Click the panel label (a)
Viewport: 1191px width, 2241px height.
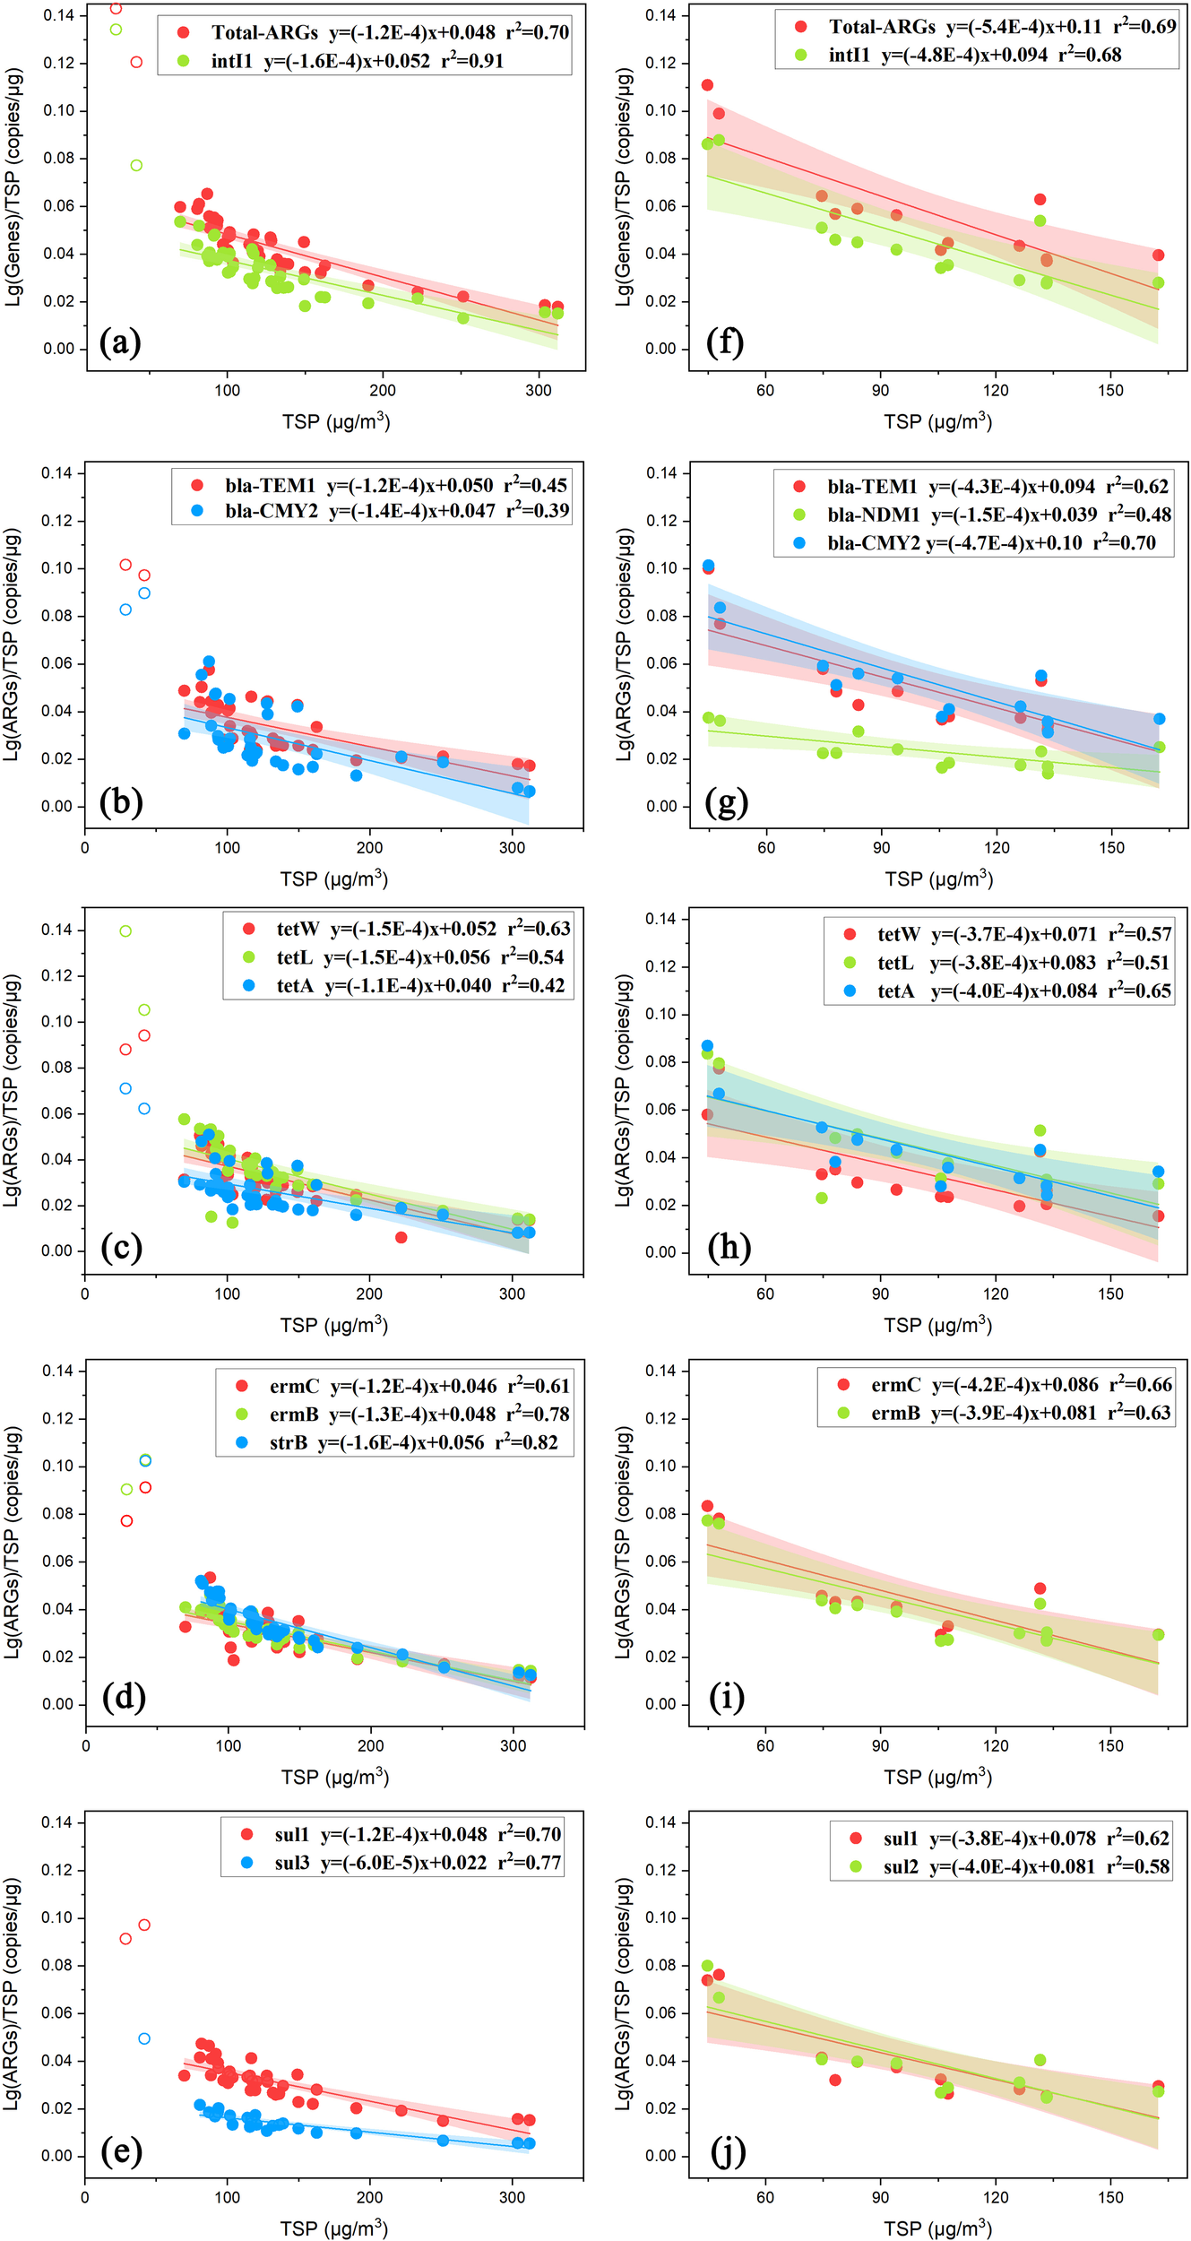pyautogui.click(x=120, y=342)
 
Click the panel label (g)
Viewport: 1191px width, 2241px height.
pyautogui.click(x=726, y=802)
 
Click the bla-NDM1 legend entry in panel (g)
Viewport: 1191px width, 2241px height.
pyautogui.click(x=873, y=515)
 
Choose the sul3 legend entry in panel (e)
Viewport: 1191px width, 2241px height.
pyautogui.click(x=292, y=1863)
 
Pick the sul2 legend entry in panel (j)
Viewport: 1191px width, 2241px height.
pyautogui.click(x=901, y=1866)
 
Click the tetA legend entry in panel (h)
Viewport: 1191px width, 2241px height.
pyautogui.click(x=895, y=991)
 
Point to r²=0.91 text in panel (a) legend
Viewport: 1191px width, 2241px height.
pyautogui.click(x=472, y=61)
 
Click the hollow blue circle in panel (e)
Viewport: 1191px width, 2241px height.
pyautogui.click(x=144, y=2038)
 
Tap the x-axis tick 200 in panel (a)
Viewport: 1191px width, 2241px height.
pyautogui.click(x=383, y=391)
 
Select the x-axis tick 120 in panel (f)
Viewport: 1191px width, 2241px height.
pyautogui.click(x=995, y=391)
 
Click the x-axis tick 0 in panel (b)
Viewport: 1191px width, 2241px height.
pyautogui.click(x=85, y=848)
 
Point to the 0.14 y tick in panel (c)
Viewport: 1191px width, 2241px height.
pyautogui.click(x=56, y=930)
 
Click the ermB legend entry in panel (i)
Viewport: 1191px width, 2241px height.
pyautogui.click(x=895, y=1414)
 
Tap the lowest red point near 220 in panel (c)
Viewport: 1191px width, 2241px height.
pyautogui.click(x=401, y=1237)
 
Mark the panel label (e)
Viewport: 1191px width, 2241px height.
pyautogui.click(x=122, y=2152)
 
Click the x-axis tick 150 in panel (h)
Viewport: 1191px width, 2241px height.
pyautogui.click(x=1109, y=1294)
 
